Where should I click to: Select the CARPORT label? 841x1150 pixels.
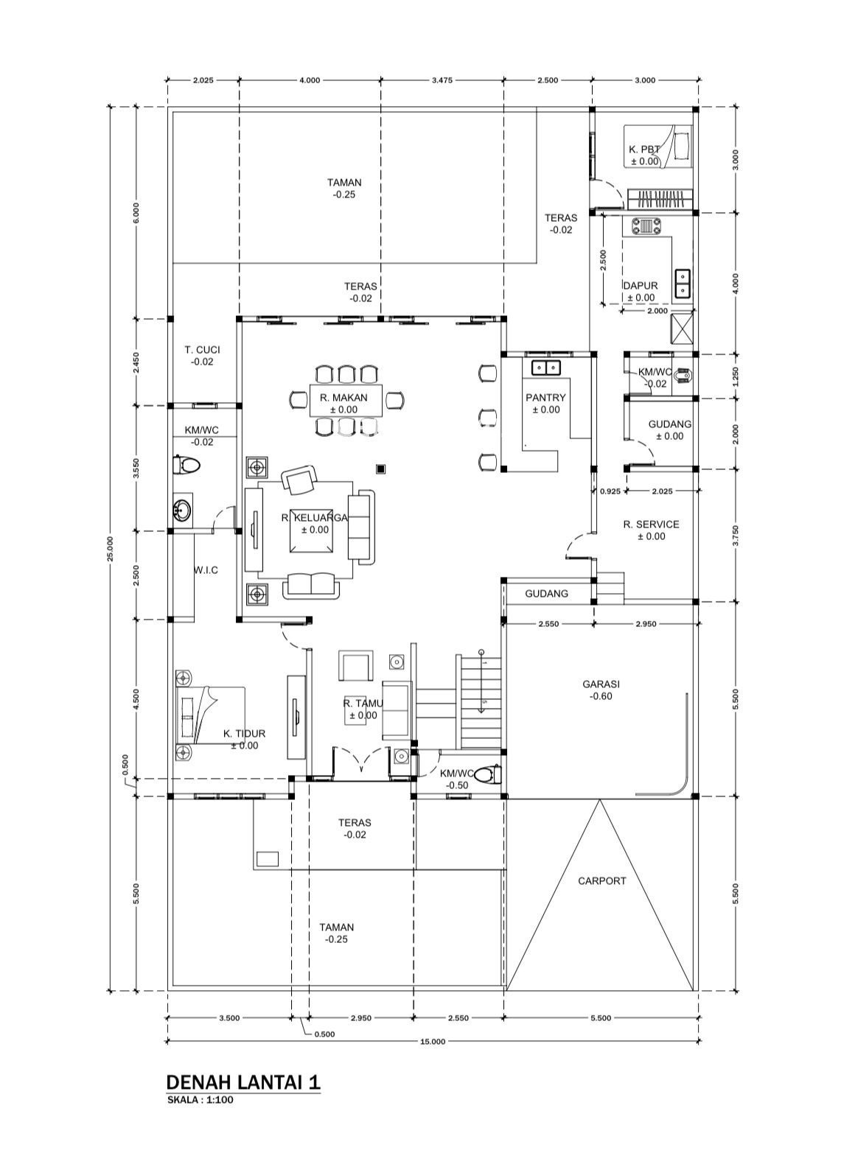coord(601,880)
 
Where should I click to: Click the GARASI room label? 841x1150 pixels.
coord(601,684)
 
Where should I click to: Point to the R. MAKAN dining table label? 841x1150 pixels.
coord(343,397)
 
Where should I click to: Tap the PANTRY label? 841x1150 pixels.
coord(545,397)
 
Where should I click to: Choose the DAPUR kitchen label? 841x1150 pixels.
coord(640,285)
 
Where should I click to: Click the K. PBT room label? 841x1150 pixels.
coord(644,150)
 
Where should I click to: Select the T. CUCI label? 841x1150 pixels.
coord(203,350)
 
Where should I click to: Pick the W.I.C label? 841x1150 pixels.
coord(206,570)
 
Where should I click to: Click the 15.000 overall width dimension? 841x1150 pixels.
coord(433,1041)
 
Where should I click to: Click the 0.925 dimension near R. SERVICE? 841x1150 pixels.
coord(610,491)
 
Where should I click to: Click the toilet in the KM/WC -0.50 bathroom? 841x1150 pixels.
coord(488,775)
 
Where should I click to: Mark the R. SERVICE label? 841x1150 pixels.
coord(651,525)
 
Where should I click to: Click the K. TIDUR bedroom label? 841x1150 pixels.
coord(245,734)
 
